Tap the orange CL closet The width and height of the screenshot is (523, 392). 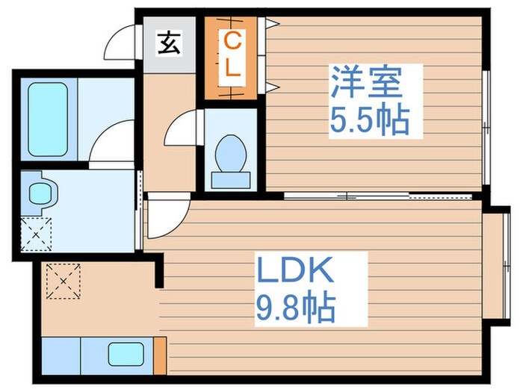pyautogui.click(x=232, y=56)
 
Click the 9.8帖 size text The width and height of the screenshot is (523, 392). pyautogui.click(x=296, y=307)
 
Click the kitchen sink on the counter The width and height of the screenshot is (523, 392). pyautogui.click(x=125, y=353)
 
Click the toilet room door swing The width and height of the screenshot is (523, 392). pyautogui.click(x=182, y=128)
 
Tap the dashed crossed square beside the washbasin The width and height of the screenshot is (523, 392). pyautogui.click(x=35, y=232)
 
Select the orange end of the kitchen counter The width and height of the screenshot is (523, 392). pyautogui.click(x=159, y=354)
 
